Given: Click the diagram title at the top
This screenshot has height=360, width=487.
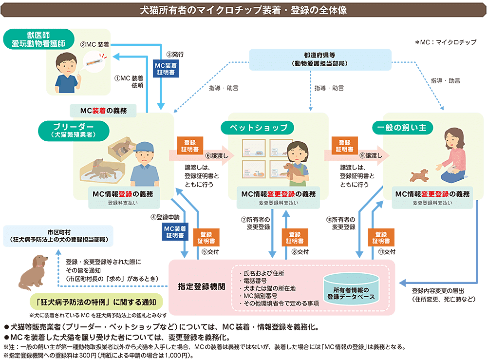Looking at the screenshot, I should tap(243, 10).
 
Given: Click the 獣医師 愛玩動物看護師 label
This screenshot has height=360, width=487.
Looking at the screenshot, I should tap(38, 39).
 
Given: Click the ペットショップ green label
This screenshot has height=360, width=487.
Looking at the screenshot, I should tap(258, 128).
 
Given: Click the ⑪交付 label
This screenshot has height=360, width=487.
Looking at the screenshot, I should tap(387, 252).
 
